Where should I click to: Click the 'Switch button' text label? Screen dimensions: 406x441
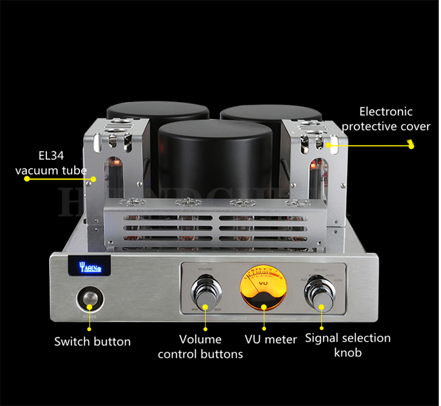92,342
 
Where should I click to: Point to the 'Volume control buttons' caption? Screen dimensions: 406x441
200,347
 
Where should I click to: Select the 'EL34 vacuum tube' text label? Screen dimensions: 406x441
51,164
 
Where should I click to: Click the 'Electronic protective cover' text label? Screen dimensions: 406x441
386,119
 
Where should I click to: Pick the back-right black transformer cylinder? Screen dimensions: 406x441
272,113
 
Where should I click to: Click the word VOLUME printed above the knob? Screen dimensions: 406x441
205,269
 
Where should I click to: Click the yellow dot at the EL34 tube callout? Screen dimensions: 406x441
94,178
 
